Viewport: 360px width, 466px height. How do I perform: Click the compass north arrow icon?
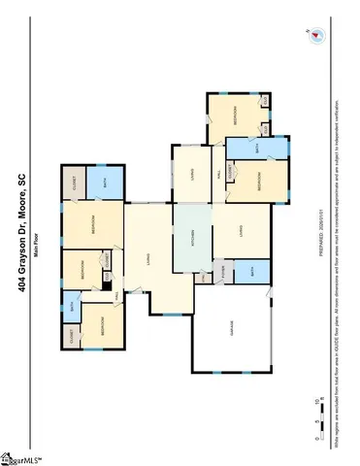pos(316,36)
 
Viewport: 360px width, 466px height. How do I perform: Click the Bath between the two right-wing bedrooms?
pos(256,150)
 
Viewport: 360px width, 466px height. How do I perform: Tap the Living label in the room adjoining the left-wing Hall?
pos(147,256)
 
